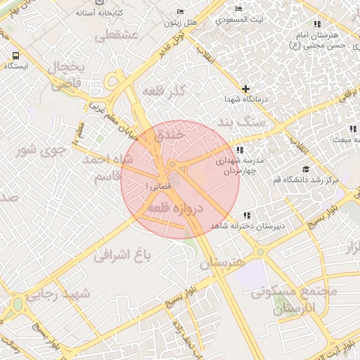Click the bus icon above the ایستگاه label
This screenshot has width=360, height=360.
point(15,56)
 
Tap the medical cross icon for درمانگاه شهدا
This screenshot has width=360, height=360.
point(245,89)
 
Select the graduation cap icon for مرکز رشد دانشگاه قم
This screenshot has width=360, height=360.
point(305,169)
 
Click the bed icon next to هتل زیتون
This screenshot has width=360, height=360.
point(180,12)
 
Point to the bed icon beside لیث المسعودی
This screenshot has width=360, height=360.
point(240,8)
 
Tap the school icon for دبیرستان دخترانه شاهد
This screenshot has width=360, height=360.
point(246,215)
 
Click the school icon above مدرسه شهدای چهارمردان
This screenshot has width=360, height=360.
point(240,150)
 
